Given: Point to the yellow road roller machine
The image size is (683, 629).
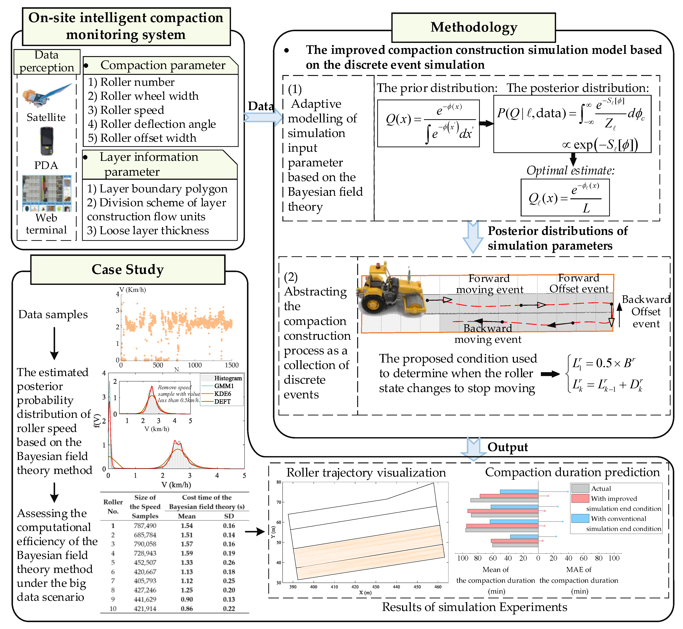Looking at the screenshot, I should tap(391, 289).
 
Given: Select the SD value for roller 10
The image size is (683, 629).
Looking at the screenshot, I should tap(229, 609).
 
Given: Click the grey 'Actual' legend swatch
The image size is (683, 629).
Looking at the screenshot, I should tap(580, 488).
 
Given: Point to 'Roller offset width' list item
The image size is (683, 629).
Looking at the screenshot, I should tap(142, 138).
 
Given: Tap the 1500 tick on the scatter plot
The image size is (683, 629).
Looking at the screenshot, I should tap(232, 365).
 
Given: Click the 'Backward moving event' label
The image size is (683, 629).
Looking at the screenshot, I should tap(488, 334).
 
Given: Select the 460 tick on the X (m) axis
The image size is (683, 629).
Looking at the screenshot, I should tap(438, 587).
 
